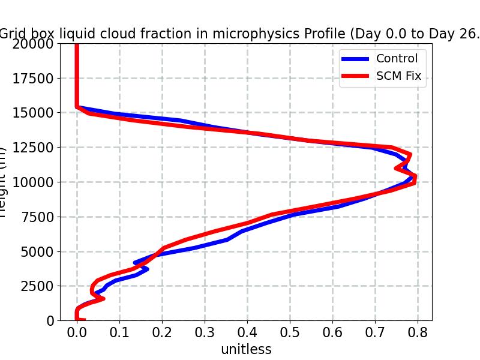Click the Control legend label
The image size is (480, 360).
[397, 59]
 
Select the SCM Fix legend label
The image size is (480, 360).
[398, 76]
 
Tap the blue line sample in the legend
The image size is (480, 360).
[355, 59]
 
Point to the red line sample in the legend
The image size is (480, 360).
[355, 76]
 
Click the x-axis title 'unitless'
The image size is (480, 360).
[246, 349]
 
